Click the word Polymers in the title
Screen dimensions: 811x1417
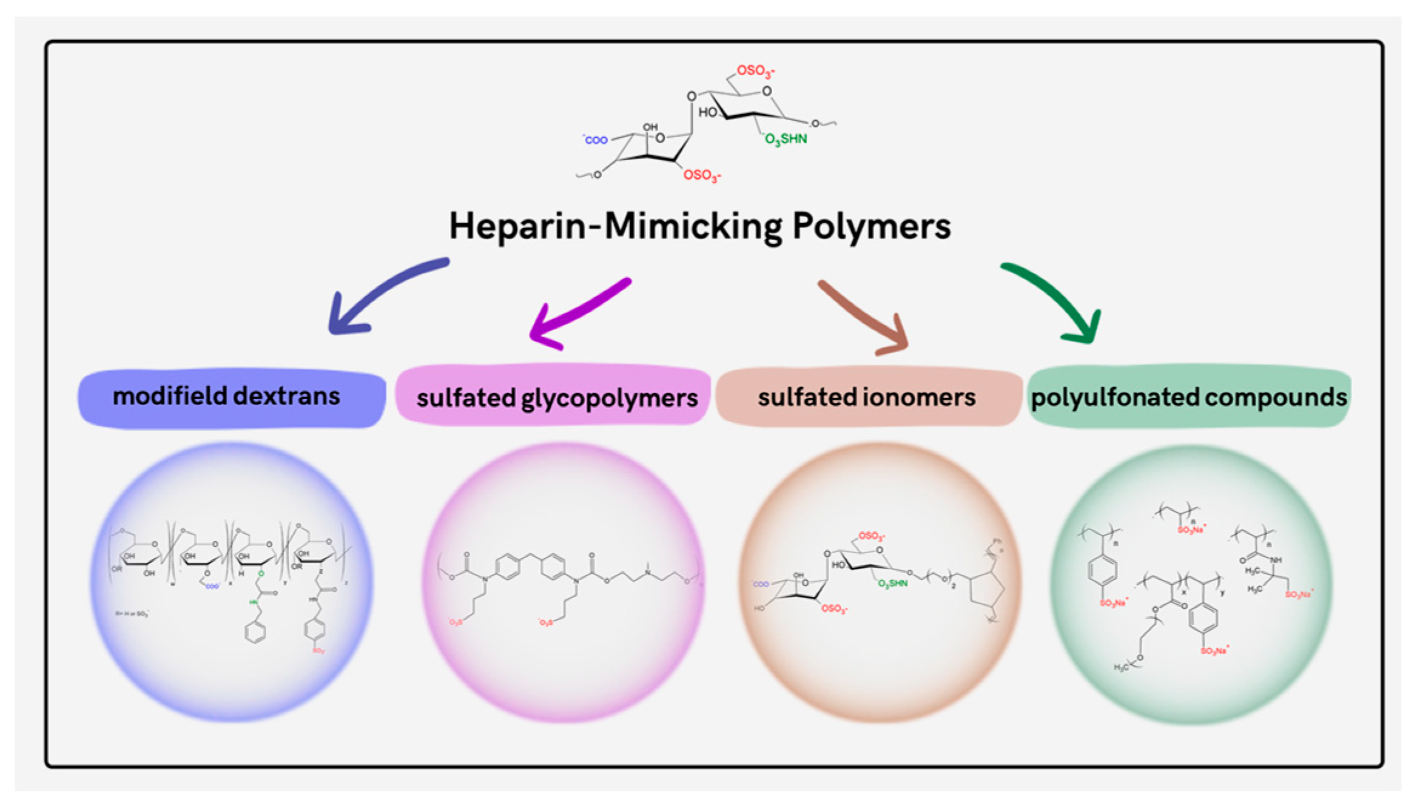872,226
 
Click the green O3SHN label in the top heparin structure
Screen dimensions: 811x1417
786,139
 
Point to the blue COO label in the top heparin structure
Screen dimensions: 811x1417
596,140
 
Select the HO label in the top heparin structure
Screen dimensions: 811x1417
707,112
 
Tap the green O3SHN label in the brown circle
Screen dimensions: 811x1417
893,584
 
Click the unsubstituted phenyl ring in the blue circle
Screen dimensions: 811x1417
255,632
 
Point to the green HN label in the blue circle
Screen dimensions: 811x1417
254,602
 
